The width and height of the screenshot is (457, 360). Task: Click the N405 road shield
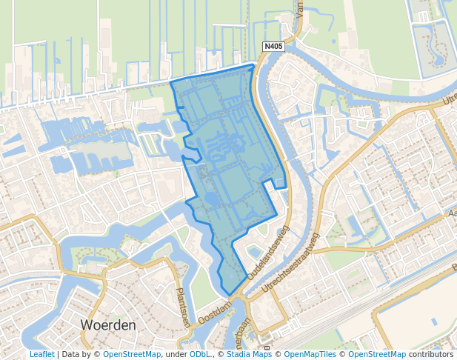273,47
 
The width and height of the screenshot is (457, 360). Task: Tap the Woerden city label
108,325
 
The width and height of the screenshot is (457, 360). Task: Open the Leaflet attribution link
41,355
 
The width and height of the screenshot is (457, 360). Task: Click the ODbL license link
200,355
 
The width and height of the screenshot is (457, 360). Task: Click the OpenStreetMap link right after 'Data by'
132,355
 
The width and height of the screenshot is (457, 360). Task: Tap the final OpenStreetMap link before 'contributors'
378,355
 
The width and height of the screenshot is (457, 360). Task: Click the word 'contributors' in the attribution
431,355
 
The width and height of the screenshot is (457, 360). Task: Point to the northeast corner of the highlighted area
253,66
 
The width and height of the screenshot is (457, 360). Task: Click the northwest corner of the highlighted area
171,81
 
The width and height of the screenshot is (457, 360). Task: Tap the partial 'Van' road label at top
300,9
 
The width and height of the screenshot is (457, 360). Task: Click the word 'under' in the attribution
176,355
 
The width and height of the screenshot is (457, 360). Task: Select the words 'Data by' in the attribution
79,355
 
